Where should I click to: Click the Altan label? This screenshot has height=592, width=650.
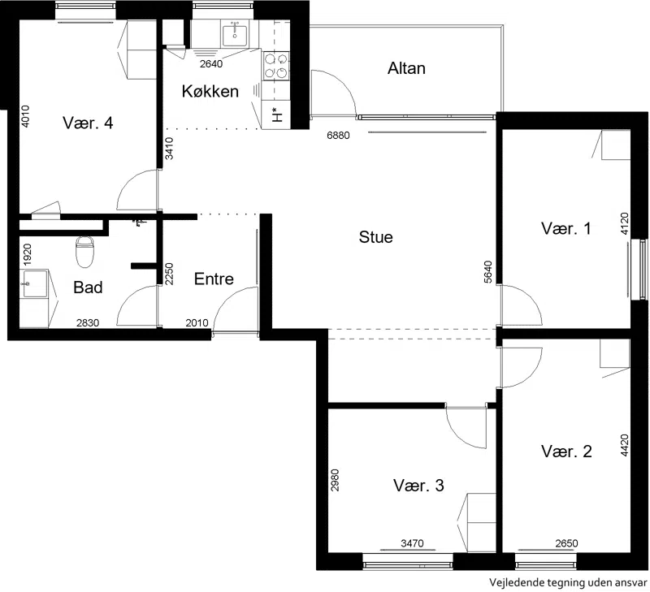406,68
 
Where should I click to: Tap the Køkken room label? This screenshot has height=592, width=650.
210,91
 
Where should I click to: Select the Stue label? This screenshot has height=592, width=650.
375,237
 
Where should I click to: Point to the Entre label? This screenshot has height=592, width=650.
214,279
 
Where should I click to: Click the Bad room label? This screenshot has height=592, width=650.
88,287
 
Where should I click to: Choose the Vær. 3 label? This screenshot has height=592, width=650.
418,486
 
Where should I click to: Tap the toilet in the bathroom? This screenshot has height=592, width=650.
84,252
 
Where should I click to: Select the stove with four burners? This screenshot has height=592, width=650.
276,66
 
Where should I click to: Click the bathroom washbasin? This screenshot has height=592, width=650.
35,283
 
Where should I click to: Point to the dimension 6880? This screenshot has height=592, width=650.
338,136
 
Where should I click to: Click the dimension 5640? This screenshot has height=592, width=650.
488,272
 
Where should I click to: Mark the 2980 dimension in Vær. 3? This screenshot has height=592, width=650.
335,480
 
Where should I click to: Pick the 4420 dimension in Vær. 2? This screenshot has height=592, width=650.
625,445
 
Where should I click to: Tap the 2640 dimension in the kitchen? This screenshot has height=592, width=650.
211,64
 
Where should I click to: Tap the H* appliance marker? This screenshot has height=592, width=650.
276,115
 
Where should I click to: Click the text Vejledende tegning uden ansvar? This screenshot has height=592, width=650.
567,582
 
